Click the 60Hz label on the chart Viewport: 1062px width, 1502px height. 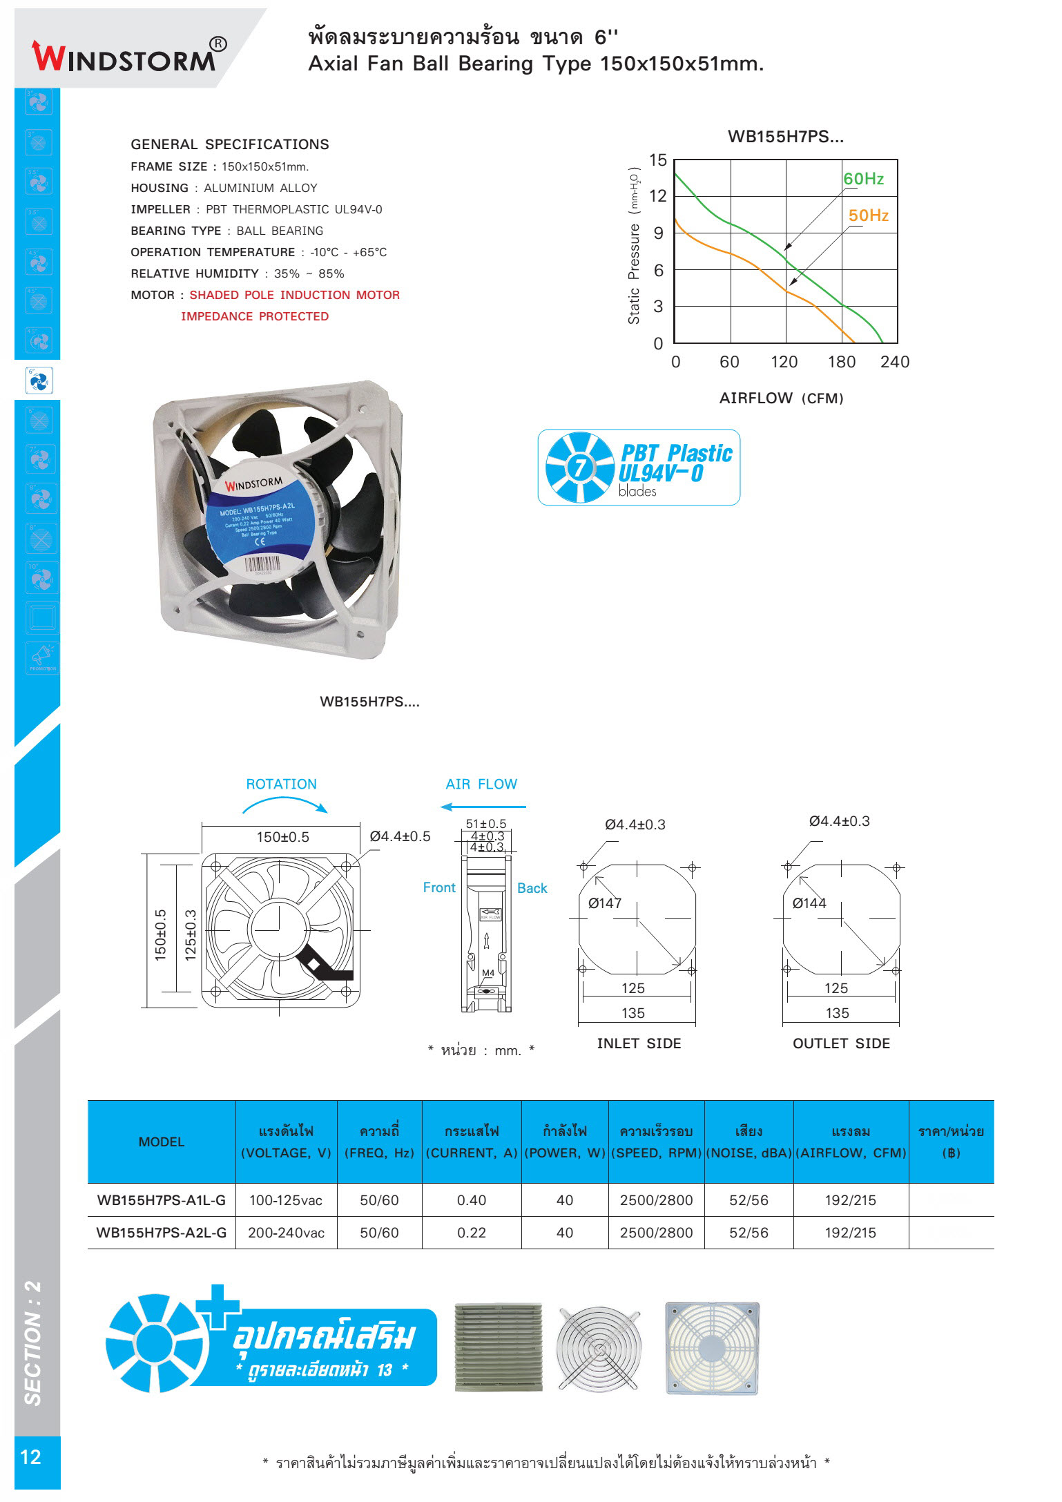tap(863, 179)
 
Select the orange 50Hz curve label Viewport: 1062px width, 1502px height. tap(868, 215)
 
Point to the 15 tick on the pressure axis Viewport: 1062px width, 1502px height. tap(658, 160)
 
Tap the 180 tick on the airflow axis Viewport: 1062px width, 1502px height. tap(841, 362)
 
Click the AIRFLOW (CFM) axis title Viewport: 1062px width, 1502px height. tap(781, 398)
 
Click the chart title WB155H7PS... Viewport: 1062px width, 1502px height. tap(785, 137)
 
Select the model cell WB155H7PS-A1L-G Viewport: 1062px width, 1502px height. tap(162, 1200)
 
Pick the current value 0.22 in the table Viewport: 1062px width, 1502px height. tap(472, 1233)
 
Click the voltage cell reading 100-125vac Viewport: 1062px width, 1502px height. tap(286, 1200)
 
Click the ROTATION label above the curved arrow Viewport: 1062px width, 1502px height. tap(281, 784)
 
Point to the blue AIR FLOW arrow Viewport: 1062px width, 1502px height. tap(483, 807)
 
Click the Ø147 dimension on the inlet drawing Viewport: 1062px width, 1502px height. tap(604, 903)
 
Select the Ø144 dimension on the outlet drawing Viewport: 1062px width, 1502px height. tap(809, 903)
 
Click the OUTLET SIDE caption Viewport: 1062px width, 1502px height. tap(841, 1043)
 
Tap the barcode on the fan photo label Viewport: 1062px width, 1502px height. tap(262, 564)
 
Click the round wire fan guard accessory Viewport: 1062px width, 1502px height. tap(600, 1348)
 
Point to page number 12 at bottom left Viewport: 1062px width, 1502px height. tap(31, 1457)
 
